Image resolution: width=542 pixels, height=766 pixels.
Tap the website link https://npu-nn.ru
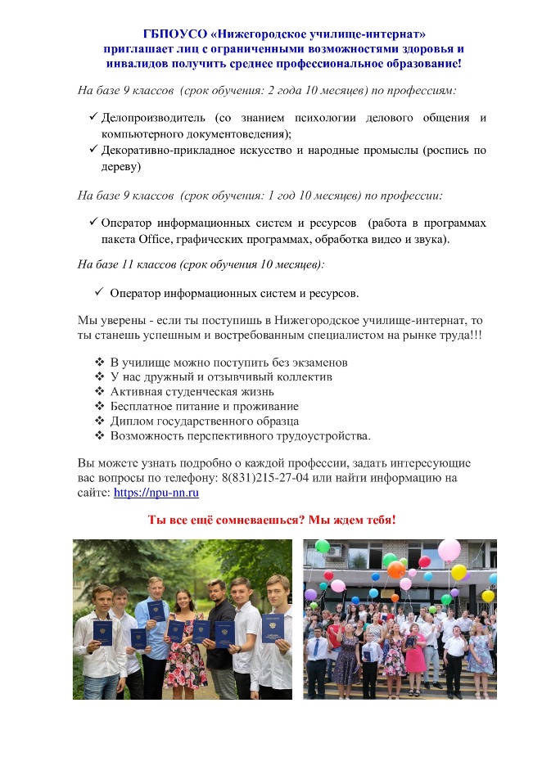[x=156, y=493]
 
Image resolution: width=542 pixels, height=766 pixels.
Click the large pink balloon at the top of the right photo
[x=449, y=550]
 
